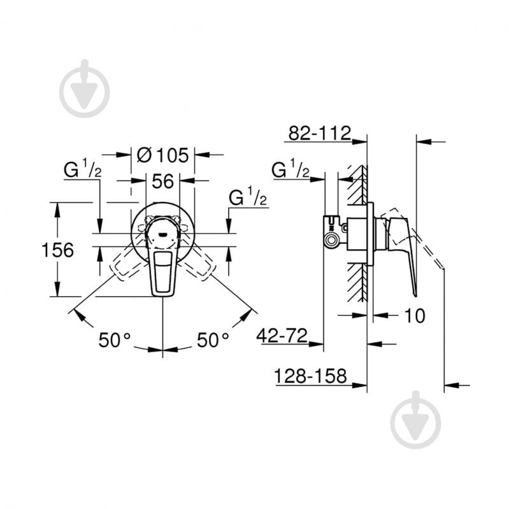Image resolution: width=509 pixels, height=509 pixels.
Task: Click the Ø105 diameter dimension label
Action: tap(163, 155)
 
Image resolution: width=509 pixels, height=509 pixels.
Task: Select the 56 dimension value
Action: tap(163, 182)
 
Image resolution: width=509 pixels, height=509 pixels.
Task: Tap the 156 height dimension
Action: tap(58, 250)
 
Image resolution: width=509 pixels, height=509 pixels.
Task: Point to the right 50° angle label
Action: tap(212, 341)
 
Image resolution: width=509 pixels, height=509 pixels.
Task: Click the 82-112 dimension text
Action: tap(320, 133)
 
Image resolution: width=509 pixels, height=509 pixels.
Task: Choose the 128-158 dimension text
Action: tap(311, 376)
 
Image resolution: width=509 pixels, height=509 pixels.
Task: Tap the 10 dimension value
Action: tap(413, 315)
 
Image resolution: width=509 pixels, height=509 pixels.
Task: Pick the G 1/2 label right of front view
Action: tap(248, 198)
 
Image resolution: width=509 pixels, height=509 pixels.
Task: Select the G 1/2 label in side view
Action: tap(290, 171)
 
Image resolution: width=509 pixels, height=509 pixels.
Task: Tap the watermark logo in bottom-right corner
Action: tap(415, 419)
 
